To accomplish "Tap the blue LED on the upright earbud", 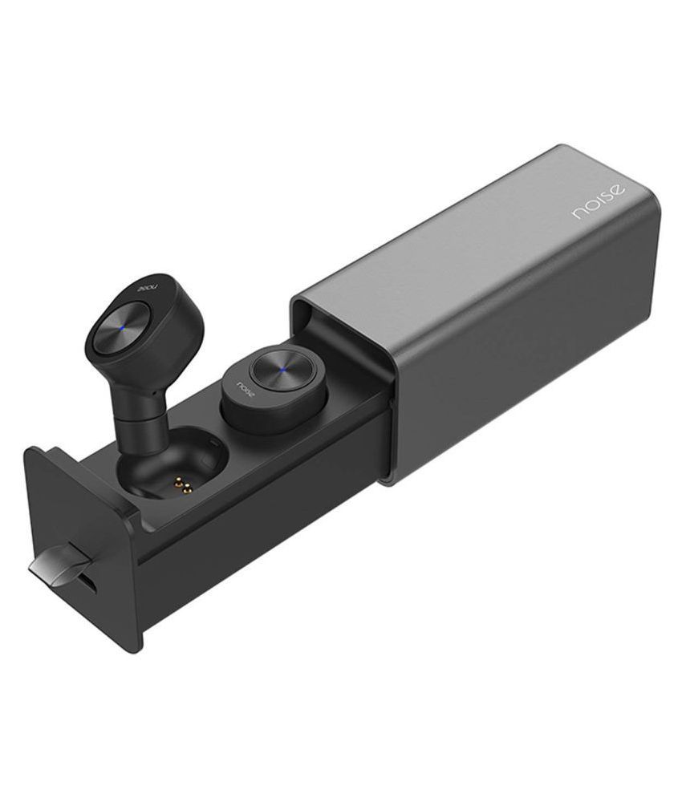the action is click(x=122, y=327).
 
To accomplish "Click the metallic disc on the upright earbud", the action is click(x=122, y=327).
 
